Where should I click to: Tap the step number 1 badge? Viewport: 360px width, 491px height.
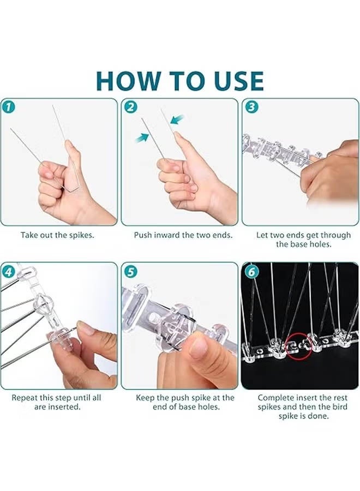(x=9, y=107)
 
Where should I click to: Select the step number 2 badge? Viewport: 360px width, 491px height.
(x=130, y=107)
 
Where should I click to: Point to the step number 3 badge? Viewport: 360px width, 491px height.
(x=251, y=107)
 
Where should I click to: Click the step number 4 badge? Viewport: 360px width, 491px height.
(x=9, y=271)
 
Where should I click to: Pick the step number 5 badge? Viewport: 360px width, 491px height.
(x=130, y=271)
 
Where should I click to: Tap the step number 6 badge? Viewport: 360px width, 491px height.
(x=251, y=271)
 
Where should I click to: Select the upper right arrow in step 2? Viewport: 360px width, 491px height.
(x=177, y=119)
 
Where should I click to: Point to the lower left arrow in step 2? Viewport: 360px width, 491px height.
(x=142, y=137)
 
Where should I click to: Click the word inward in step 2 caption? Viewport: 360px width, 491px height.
(x=171, y=235)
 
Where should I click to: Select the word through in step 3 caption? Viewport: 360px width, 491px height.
(x=335, y=236)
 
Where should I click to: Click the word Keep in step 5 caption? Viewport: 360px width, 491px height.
(x=146, y=398)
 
